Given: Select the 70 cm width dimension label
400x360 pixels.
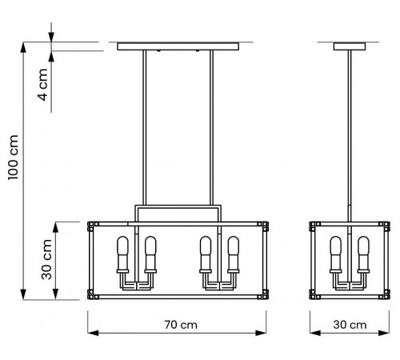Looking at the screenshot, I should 178,326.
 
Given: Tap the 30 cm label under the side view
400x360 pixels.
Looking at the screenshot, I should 349,326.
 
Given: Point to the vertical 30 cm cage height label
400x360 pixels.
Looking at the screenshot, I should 47,259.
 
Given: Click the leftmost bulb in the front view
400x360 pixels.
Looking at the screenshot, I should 123,254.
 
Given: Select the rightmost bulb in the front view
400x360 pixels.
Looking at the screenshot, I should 233,254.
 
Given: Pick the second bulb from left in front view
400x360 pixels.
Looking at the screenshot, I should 150,254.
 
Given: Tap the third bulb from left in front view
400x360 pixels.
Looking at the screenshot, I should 206,254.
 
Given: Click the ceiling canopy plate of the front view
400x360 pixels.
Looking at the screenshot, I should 178,46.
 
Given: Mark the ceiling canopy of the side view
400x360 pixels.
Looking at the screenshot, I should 350,46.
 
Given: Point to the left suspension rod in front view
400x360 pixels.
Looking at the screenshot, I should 145,128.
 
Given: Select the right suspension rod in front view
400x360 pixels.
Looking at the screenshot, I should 211,128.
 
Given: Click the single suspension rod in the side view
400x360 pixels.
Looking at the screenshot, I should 350,128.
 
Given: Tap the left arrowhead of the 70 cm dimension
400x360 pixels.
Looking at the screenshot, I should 90,334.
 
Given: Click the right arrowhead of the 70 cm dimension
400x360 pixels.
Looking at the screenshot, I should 265,334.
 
